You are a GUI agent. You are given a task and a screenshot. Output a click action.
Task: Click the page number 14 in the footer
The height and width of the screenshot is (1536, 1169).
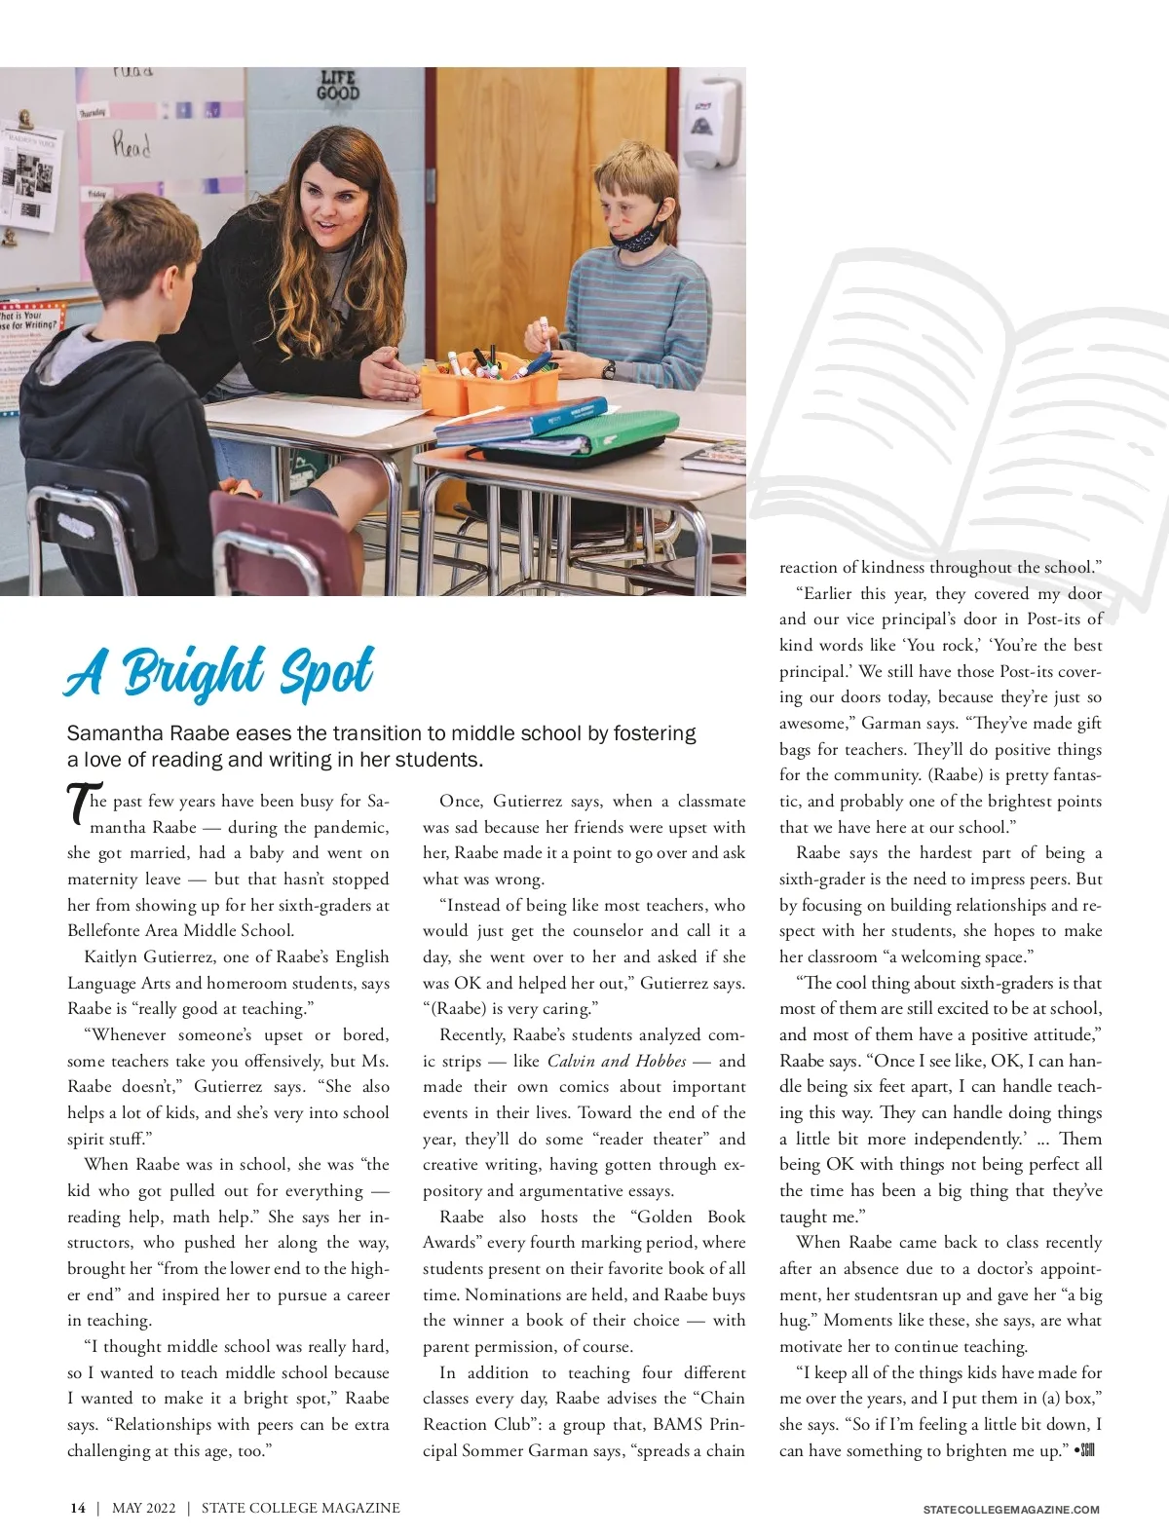tap(77, 1508)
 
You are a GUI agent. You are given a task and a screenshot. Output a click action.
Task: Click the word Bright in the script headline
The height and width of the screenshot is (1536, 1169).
tap(194, 672)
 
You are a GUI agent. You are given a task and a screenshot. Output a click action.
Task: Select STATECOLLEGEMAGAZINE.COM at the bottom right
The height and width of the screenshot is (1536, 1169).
tap(1011, 1510)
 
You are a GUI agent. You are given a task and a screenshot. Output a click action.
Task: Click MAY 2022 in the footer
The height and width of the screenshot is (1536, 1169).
tap(144, 1508)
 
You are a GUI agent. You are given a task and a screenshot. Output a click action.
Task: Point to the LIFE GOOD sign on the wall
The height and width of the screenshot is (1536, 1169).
tap(338, 86)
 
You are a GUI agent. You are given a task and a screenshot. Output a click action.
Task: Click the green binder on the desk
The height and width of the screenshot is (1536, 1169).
tap(594, 435)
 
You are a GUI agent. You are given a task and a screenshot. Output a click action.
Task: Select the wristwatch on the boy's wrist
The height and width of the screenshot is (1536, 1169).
tap(609, 369)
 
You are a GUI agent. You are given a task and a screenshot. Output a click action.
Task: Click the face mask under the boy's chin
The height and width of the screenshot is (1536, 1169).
tap(640, 235)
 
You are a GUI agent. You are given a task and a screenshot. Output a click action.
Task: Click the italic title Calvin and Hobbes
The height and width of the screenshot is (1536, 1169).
tap(617, 1061)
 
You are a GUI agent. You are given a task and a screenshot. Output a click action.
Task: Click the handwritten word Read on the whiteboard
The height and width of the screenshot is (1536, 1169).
tap(132, 146)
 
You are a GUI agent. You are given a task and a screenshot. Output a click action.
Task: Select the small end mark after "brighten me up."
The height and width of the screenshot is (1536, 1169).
tap(1084, 1450)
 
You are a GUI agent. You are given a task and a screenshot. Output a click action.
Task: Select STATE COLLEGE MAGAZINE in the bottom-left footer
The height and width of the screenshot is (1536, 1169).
tap(300, 1508)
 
